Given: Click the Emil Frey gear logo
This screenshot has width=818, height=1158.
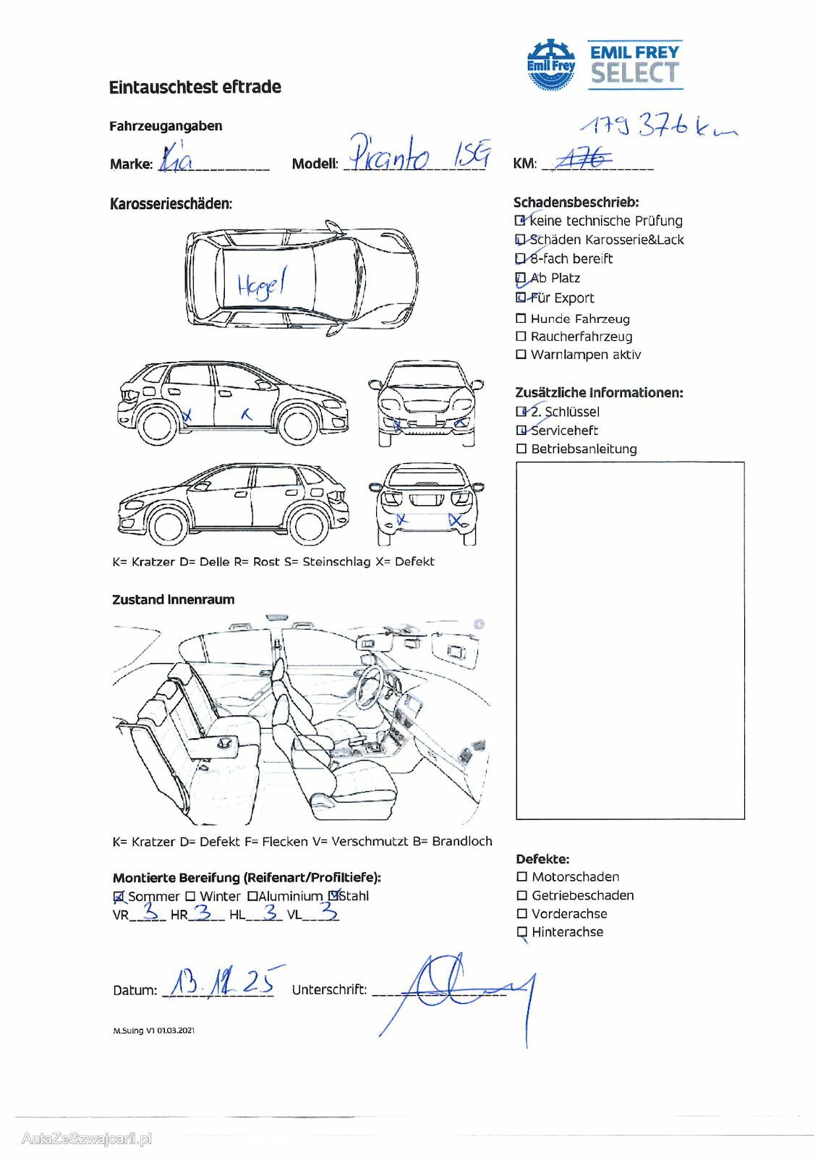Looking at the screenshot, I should pos(550,65).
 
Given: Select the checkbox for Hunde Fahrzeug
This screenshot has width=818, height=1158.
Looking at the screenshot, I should pos(521,318).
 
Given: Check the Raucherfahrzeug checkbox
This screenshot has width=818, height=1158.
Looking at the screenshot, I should pos(521,337).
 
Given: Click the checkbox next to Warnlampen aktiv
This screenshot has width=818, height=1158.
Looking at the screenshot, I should pos(521,355).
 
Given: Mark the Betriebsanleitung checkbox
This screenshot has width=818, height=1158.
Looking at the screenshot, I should pos(521,449).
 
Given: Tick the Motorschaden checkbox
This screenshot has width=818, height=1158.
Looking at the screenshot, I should pos(522,876).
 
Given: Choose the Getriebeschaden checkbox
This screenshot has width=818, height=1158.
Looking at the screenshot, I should pos(522,895).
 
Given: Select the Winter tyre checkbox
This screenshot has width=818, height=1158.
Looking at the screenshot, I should pos(190,896).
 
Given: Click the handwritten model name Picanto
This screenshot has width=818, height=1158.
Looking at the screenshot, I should pos(391,153).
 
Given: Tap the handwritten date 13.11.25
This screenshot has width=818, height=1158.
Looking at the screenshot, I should pos(221,982).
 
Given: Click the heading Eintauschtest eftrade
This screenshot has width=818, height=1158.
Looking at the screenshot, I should pos(195,88).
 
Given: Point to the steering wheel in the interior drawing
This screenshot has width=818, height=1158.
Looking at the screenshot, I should pos(370,685).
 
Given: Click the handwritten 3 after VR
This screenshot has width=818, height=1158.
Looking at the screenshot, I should pos(151,911).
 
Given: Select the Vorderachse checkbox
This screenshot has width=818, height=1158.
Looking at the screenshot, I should pos(522,913).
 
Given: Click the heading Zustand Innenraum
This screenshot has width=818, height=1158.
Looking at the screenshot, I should pos(173,599).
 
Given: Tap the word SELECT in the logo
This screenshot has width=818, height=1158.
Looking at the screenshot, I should pos(634,73).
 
